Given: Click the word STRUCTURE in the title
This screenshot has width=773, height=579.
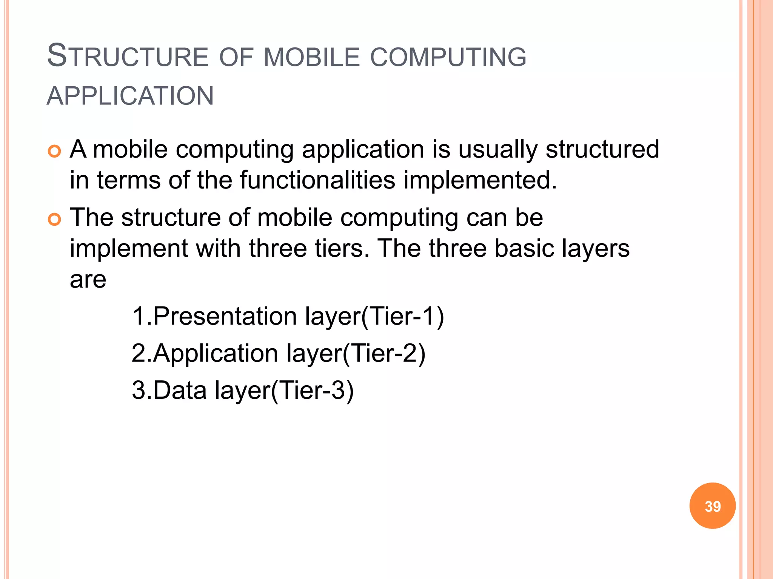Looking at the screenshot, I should tap(128, 57).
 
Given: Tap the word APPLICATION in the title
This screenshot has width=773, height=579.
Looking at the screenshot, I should tap(130, 96).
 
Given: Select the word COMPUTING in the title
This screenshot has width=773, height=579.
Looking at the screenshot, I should tap(448, 57).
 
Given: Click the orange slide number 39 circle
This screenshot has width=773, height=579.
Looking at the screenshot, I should tap(712, 506).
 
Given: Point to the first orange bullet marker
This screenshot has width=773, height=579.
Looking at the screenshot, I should tap(55, 152).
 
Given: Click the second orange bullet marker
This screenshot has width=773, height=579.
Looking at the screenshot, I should tap(55, 219).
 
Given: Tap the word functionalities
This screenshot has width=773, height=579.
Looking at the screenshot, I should tap(317, 180).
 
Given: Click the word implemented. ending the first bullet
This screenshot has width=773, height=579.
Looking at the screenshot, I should tap(480, 180).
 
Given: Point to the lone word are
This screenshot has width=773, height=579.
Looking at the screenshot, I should tap(88, 279).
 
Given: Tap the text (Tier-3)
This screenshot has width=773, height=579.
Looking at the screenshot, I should tap(312, 390).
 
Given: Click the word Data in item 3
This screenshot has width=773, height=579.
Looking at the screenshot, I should tap(180, 390).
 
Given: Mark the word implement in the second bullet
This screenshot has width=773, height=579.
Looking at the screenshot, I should tap(129, 248).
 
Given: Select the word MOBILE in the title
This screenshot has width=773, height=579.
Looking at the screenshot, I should tap(312, 57).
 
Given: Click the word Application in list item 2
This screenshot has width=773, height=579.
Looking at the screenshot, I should tap(216, 353).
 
